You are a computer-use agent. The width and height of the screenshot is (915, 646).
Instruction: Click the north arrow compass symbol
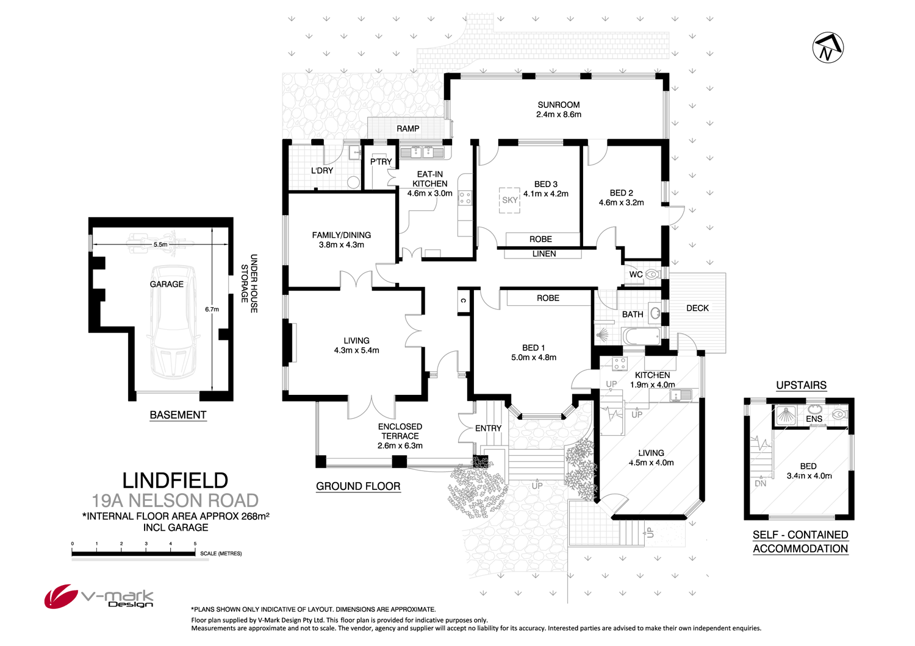click(828, 48)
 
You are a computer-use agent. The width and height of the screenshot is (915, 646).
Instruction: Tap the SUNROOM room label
click(558, 105)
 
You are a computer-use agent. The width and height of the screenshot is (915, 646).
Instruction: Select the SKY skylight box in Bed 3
click(509, 201)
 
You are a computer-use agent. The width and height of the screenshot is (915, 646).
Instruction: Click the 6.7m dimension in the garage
click(212, 310)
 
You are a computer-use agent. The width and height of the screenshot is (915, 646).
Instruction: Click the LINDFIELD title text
click(175, 481)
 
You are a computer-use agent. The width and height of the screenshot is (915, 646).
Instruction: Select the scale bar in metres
click(134, 553)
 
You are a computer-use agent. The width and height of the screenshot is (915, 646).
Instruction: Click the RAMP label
click(407, 129)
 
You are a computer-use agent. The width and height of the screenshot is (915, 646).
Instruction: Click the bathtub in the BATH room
click(640, 336)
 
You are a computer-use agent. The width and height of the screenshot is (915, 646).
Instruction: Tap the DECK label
click(697, 308)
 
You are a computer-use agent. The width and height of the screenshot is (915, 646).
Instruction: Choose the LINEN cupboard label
click(544, 254)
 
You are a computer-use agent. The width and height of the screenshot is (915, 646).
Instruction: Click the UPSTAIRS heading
click(801, 385)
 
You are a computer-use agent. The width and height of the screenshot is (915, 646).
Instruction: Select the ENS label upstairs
click(814, 419)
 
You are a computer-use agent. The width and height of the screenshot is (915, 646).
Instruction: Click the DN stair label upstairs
click(760, 483)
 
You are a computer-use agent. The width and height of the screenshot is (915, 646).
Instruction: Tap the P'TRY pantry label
click(381, 161)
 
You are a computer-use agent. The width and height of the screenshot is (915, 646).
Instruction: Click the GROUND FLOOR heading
click(358, 486)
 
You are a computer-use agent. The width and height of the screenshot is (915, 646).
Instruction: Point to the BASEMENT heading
click(178, 415)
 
